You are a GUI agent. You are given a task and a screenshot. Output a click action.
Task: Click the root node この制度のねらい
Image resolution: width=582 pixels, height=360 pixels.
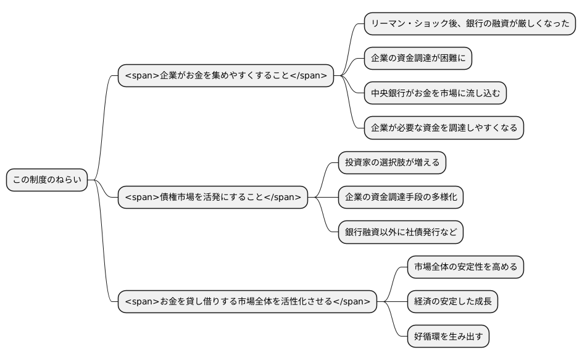(47, 180)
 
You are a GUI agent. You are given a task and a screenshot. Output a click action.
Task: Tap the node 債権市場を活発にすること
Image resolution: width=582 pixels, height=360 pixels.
(213, 197)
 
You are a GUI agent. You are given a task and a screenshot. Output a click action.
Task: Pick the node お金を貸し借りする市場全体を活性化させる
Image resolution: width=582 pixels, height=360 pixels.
(247, 301)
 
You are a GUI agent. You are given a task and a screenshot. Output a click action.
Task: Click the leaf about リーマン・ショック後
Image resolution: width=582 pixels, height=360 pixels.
(470, 23)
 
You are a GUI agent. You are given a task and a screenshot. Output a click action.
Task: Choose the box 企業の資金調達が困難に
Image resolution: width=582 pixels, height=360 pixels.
(418, 59)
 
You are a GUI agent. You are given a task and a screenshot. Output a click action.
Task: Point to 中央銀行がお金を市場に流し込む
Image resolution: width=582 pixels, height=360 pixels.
(435, 93)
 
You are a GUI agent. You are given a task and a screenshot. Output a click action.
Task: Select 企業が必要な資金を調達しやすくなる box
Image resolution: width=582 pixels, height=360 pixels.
(444, 128)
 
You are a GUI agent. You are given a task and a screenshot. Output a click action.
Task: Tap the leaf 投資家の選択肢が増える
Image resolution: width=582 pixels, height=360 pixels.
(392, 162)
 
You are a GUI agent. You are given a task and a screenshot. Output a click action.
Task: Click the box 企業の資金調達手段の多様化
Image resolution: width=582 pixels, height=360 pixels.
(401, 197)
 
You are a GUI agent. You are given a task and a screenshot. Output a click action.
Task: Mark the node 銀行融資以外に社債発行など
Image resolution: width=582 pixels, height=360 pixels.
(401, 232)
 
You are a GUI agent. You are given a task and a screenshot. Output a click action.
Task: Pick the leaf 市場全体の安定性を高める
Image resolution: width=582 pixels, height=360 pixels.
(465, 267)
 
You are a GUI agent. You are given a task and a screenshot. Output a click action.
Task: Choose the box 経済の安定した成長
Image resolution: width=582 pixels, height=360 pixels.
(452, 301)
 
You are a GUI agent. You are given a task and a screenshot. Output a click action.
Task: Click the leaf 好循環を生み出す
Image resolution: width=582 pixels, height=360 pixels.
(448, 336)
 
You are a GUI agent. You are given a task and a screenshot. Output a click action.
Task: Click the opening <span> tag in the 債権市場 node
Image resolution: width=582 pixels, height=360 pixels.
(142, 198)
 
